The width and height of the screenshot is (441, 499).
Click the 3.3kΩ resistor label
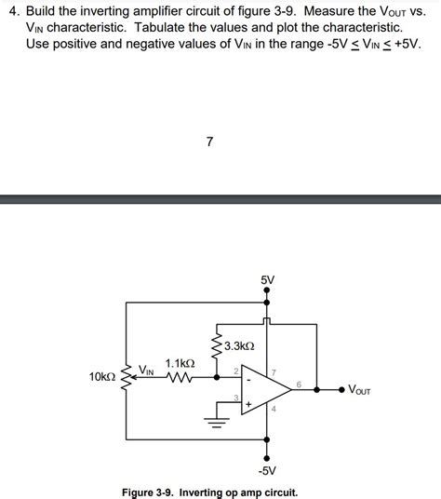click(x=239, y=345)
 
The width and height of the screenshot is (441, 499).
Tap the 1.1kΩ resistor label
click(x=180, y=363)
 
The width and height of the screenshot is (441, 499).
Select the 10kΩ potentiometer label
click(x=102, y=377)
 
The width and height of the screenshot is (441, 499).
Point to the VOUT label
click(x=359, y=390)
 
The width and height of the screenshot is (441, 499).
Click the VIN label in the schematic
click(x=147, y=371)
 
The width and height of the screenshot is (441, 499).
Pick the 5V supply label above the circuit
click(x=268, y=278)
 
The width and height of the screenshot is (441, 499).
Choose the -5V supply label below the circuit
click(x=268, y=471)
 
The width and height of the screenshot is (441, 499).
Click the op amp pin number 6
click(x=299, y=384)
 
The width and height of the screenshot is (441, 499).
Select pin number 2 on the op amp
click(x=236, y=371)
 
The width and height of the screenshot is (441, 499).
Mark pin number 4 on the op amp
click(x=274, y=410)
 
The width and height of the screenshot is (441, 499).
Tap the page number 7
click(x=210, y=142)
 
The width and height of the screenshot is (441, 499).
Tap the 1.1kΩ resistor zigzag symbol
click(x=180, y=378)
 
